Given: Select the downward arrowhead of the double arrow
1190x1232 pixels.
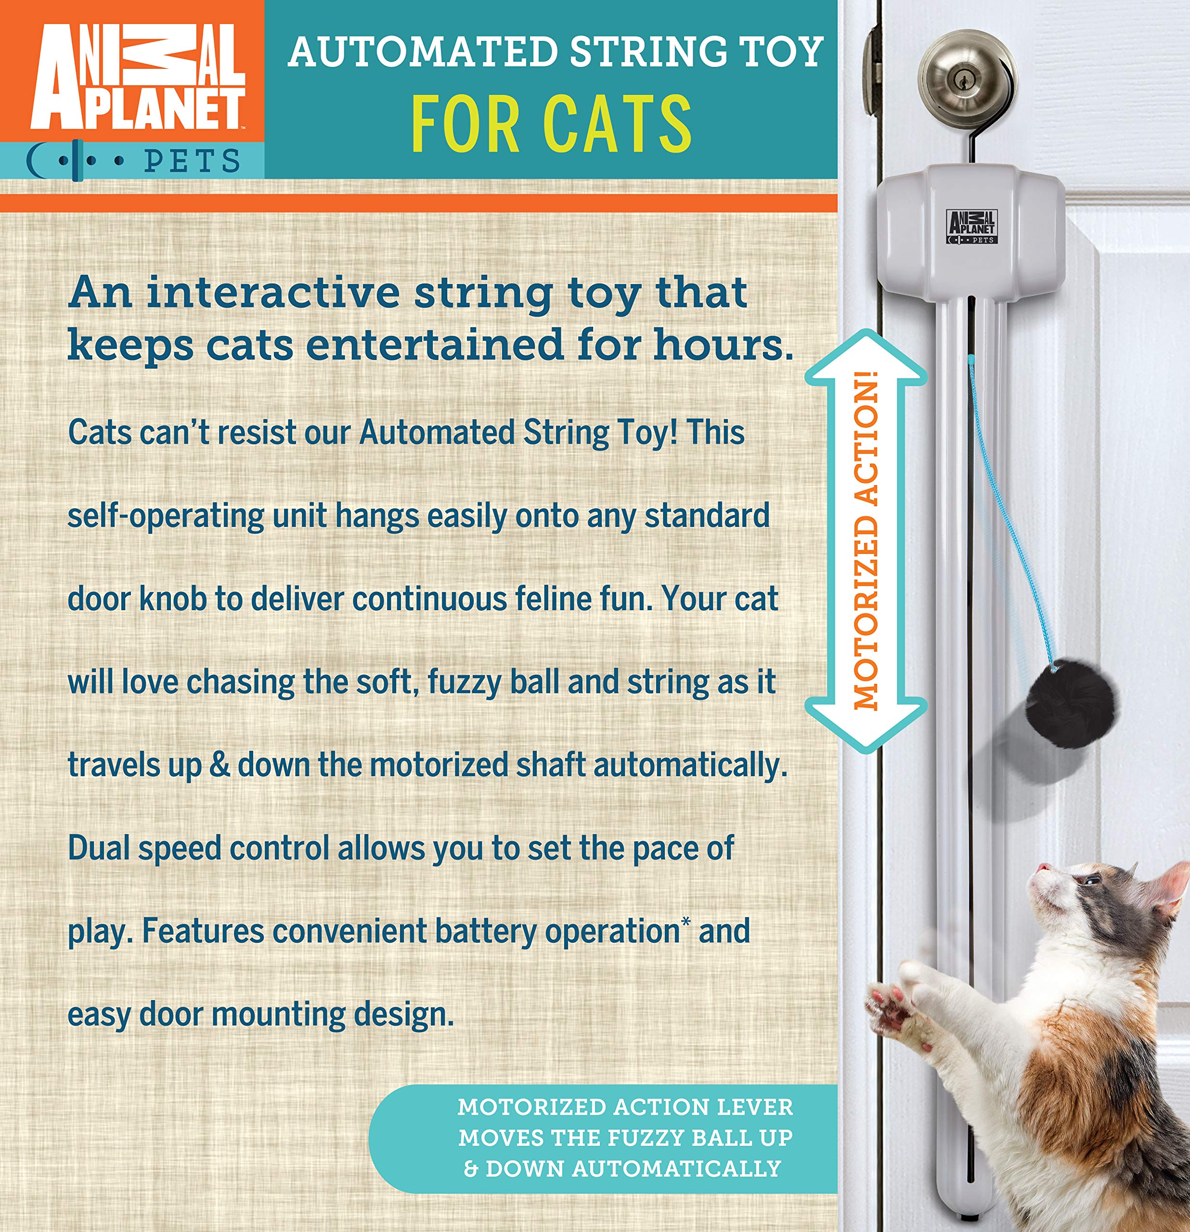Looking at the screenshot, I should click(x=866, y=723).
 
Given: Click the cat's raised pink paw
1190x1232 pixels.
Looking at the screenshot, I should click(x=890, y=1006).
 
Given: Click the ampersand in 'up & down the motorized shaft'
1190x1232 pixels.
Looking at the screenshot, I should click(x=220, y=766).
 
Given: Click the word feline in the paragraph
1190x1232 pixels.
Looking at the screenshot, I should click(x=561, y=599).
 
